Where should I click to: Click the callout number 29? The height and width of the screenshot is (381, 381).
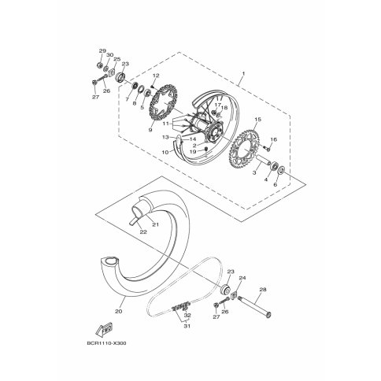tap(102, 50)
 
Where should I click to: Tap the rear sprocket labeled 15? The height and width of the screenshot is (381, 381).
tap(244, 149)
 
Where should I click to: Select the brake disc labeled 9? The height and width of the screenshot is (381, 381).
tap(163, 102)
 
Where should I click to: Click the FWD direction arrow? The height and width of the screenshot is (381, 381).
tap(104, 329)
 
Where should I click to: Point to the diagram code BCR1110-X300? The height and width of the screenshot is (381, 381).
tap(106, 343)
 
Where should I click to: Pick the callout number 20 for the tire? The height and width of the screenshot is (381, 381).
tap(119, 312)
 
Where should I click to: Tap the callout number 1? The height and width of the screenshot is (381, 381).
tap(243, 74)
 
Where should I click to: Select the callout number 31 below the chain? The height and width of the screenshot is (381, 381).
tap(187, 326)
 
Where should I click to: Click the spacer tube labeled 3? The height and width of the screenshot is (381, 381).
tap(264, 160)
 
